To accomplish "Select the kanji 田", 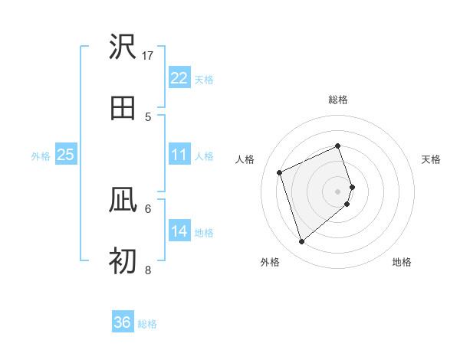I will (x=123, y=108).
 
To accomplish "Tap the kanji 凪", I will (x=123, y=201).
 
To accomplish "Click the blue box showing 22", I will (x=179, y=78).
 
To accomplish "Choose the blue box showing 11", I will (x=179, y=155).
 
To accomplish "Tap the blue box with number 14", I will (x=179, y=231).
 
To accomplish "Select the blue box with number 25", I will (x=65, y=155).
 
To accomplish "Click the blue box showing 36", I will (x=123, y=322).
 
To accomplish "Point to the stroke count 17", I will (x=148, y=55).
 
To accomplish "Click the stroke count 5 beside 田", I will (x=148, y=116).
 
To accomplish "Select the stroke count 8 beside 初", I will (x=148, y=270).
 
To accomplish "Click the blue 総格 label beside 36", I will (x=147, y=324).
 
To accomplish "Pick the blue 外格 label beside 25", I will (x=41, y=156).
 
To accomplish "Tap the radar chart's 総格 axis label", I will (x=338, y=100).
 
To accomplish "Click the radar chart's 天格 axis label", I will (x=431, y=159).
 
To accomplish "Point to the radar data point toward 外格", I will (x=301, y=242).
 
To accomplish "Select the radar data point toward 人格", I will (x=280, y=172).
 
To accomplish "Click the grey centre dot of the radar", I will (x=338, y=191).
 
